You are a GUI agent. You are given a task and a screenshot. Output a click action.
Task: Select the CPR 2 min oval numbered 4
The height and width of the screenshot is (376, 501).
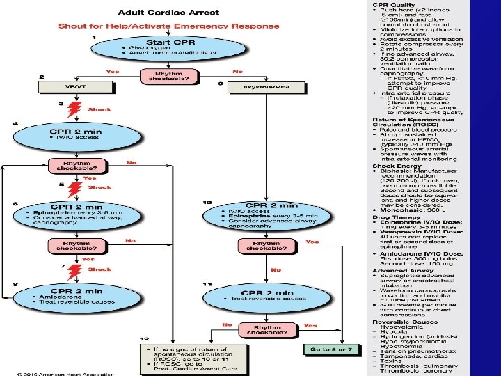[x=78, y=135]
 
